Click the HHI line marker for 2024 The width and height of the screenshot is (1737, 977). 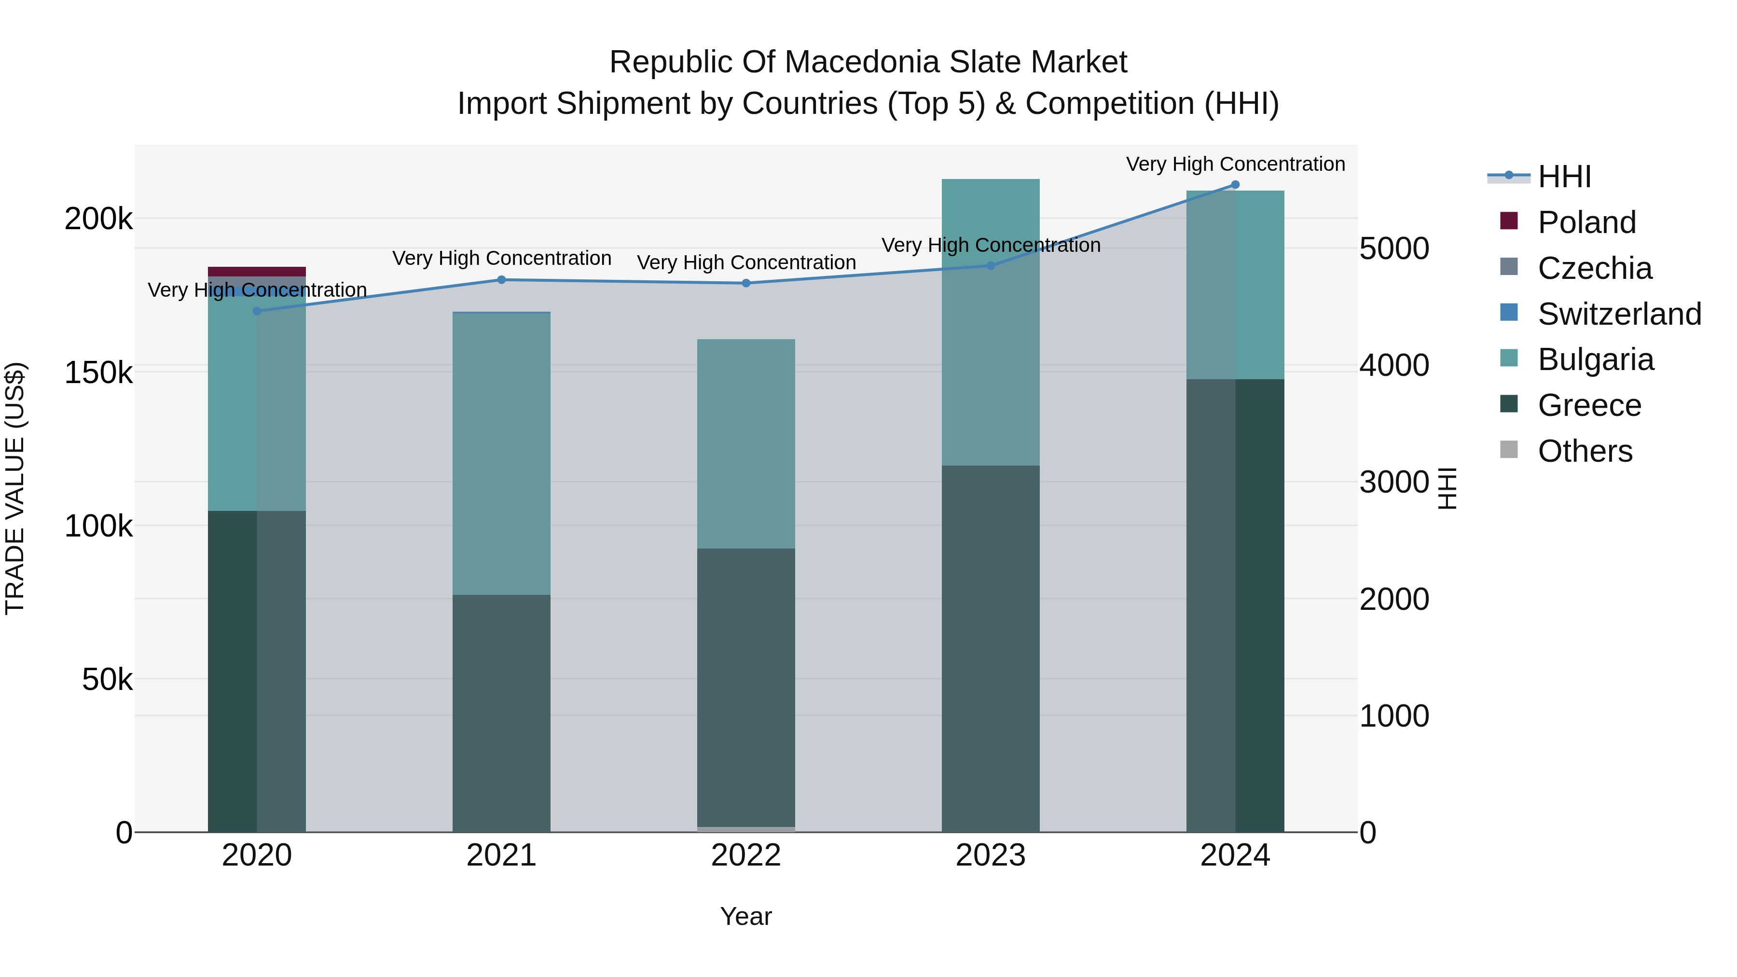pos(1235,185)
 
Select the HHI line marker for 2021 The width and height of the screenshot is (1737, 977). pos(501,280)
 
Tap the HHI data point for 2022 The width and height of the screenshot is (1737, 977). pos(746,283)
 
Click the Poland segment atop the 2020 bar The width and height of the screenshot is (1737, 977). pos(256,271)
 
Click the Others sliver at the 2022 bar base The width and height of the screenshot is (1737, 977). pos(746,829)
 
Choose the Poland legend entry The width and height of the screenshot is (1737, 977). pos(1586,222)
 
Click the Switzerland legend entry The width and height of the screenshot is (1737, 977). pos(1619,314)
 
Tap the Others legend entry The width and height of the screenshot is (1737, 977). pos(1585,451)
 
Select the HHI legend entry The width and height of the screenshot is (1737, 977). pos(1564,177)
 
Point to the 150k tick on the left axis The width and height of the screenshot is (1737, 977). pos(98,372)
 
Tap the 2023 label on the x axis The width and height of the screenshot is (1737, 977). pos(990,855)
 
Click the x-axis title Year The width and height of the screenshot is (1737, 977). pos(746,916)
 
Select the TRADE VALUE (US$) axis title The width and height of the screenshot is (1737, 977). pos(15,488)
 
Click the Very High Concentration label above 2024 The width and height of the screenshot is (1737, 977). pos(1235,164)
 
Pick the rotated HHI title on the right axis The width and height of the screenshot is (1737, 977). pos(1447,488)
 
